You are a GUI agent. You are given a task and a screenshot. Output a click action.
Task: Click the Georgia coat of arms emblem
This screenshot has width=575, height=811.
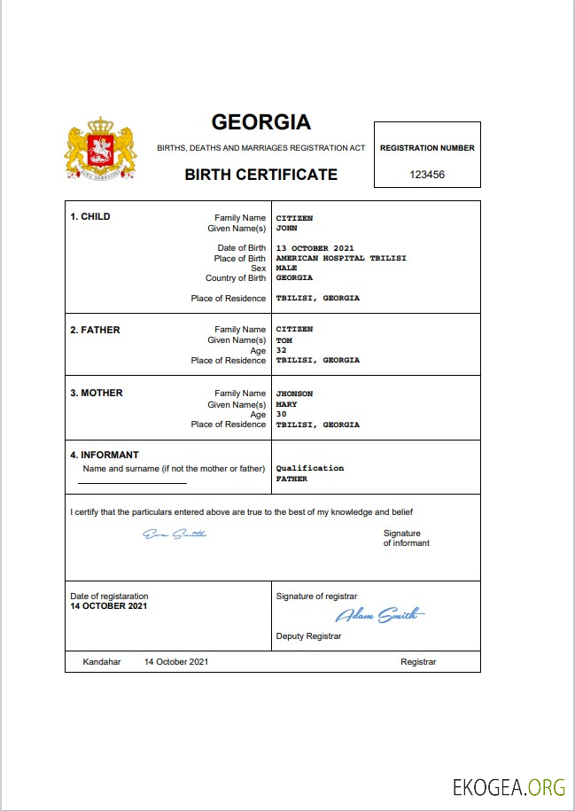[100, 150]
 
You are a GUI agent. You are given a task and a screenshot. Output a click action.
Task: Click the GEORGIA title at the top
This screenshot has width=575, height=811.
[260, 121]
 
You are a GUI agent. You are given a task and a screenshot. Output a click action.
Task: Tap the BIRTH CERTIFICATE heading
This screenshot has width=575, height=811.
[260, 175]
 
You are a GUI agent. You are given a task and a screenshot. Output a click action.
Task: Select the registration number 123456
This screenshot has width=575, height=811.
[427, 175]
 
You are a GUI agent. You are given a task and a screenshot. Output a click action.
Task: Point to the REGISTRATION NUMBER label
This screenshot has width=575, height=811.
[427, 148]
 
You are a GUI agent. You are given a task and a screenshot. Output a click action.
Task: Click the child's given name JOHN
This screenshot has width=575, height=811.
[286, 228]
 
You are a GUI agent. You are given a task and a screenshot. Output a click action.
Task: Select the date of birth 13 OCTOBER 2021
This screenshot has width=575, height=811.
[315, 248]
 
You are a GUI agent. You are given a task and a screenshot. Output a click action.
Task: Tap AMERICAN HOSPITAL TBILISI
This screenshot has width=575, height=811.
[328, 259]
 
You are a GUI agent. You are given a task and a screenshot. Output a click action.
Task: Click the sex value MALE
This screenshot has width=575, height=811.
[286, 268]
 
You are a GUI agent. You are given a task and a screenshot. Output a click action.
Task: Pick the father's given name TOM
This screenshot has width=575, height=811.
[284, 340]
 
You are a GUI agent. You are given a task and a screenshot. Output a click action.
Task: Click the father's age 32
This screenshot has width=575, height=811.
[281, 350]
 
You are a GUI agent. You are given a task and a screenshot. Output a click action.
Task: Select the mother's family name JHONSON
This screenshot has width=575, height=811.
[294, 394]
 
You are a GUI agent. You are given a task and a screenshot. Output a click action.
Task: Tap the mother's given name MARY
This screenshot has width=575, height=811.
[286, 404]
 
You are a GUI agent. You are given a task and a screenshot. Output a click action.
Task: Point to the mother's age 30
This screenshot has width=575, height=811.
[281, 414]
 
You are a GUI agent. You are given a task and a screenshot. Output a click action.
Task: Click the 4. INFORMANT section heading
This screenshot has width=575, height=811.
[105, 456]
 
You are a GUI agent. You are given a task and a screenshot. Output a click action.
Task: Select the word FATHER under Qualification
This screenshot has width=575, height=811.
[291, 479]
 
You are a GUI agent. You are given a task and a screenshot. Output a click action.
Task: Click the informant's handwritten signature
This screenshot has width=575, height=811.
[175, 534]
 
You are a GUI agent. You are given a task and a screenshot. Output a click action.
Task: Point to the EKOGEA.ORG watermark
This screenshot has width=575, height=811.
[509, 787]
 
